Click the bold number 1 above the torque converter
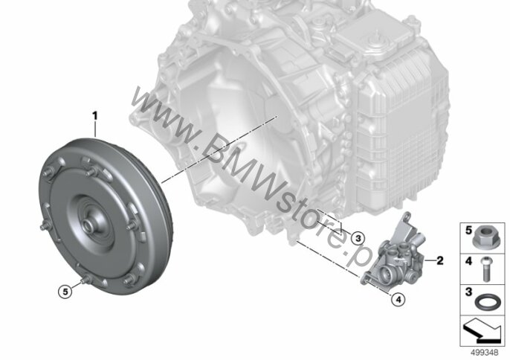click(x=95, y=116)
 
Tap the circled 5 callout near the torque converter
click(x=65, y=292)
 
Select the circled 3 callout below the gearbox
click(x=358, y=239)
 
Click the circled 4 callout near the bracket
click(x=398, y=299)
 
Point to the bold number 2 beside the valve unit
click(x=440, y=260)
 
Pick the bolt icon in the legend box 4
click(x=485, y=269)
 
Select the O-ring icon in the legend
click(x=486, y=302)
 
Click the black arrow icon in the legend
click(x=482, y=331)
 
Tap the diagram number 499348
click(x=485, y=353)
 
